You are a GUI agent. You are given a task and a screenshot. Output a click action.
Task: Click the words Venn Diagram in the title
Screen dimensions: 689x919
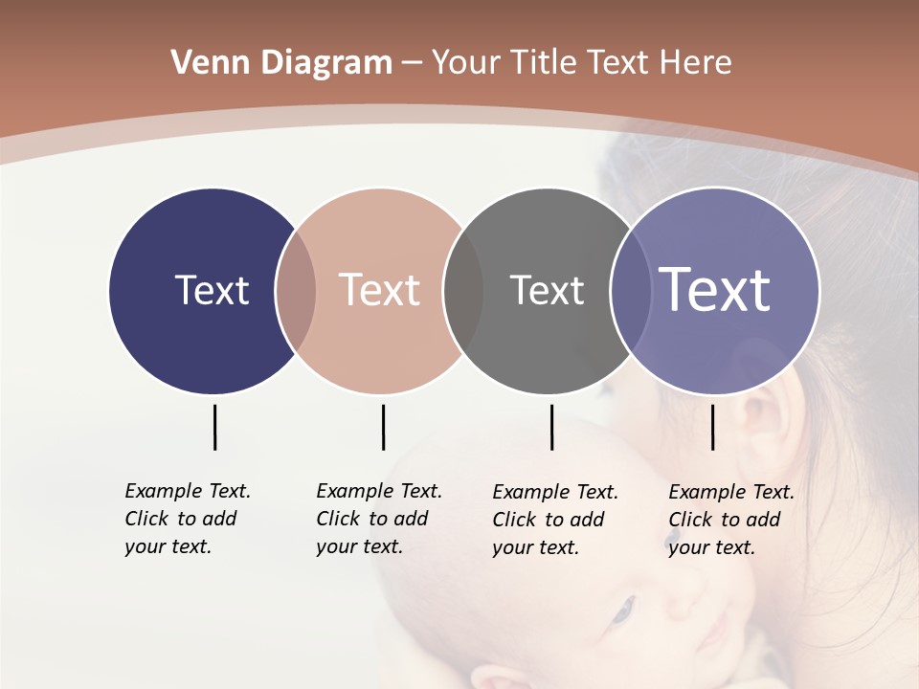(x=281, y=63)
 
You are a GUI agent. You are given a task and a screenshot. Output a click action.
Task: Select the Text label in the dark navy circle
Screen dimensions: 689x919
(x=212, y=290)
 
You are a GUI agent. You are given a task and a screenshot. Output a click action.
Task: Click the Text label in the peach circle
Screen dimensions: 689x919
(x=379, y=290)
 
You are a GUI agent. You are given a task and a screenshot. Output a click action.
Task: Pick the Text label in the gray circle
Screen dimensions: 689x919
(x=547, y=290)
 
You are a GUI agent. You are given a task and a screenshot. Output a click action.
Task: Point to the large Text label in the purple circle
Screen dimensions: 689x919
(x=715, y=290)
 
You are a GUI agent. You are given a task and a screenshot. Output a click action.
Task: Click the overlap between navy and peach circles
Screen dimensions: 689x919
(x=296, y=291)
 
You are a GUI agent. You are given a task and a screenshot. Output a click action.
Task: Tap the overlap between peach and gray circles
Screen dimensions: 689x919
(x=464, y=291)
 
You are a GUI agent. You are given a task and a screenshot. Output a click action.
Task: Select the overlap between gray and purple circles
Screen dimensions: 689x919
(x=628, y=291)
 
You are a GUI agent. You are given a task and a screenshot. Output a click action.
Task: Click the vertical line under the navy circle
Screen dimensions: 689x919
(x=214, y=427)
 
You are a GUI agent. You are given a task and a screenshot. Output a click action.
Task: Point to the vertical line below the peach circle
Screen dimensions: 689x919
(x=383, y=427)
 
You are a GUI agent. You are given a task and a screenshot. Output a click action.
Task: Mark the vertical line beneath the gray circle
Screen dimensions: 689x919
(x=551, y=427)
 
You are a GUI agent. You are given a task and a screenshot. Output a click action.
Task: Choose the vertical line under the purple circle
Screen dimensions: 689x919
(x=712, y=427)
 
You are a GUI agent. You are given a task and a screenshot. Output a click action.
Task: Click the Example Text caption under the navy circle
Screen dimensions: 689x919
(x=188, y=519)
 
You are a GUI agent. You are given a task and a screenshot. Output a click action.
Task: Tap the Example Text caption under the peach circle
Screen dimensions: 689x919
(x=379, y=519)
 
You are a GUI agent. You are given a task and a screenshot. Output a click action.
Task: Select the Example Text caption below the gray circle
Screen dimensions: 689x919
(x=555, y=520)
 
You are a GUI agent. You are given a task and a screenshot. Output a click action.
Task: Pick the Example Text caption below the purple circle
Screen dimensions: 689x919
(x=731, y=520)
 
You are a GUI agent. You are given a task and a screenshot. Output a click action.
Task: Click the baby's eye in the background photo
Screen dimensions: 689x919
(x=623, y=609)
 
